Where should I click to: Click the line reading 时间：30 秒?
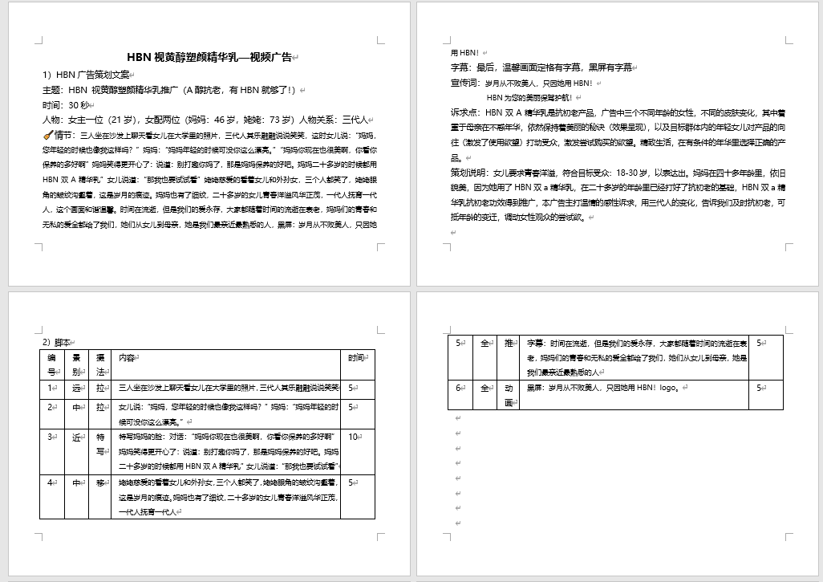click(x=67, y=104)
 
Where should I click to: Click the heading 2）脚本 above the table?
click(x=59, y=341)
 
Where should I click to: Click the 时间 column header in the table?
click(x=357, y=357)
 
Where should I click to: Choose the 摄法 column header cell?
click(x=99, y=364)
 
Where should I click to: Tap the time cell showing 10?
click(x=353, y=437)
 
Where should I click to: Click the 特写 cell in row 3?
click(x=99, y=444)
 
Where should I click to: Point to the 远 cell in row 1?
click(x=75, y=388)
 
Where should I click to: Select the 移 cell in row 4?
click(x=99, y=483)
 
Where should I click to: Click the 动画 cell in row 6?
click(x=509, y=395)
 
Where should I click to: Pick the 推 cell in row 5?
click(x=509, y=343)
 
